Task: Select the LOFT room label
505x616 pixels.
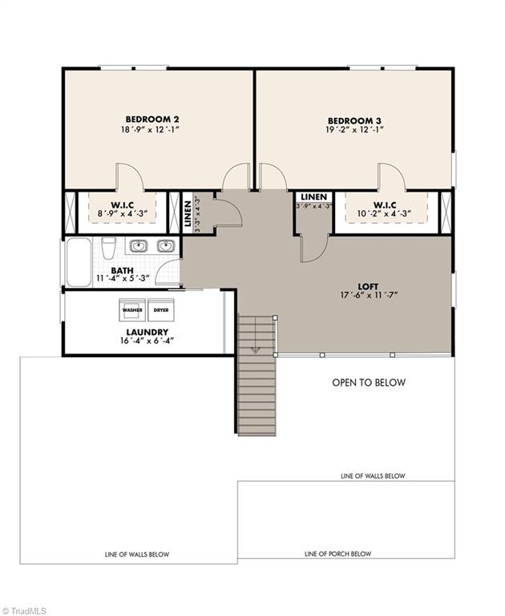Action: (x=369, y=284)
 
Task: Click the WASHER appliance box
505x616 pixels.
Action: (x=131, y=308)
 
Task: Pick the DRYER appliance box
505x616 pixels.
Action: (x=161, y=308)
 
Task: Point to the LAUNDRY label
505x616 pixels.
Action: (x=147, y=331)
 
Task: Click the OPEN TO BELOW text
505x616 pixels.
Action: (x=369, y=383)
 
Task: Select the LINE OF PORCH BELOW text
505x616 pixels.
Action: (x=337, y=554)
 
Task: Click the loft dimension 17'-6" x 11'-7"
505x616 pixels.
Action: (x=369, y=294)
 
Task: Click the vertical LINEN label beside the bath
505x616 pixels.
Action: (x=187, y=215)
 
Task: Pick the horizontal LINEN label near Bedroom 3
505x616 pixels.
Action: (x=313, y=196)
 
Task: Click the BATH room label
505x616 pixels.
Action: (x=122, y=270)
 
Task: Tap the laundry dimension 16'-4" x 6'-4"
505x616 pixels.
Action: (x=147, y=341)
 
